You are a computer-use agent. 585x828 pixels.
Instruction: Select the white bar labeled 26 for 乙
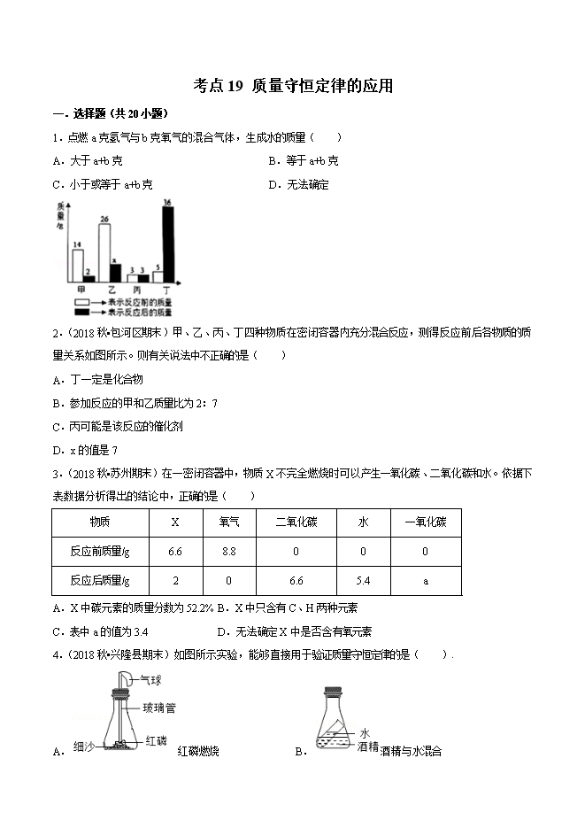pyautogui.click(x=104, y=253)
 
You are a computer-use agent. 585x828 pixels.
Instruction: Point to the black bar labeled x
pyautogui.click(x=114, y=273)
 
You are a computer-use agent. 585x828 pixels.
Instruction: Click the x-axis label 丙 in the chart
pyautogui.click(x=137, y=290)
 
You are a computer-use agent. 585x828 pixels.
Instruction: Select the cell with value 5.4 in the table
pyautogui.click(x=364, y=581)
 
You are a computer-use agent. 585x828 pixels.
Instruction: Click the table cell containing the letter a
pyautogui.click(x=425, y=581)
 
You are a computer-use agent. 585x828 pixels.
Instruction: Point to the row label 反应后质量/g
pyautogui.click(x=100, y=581)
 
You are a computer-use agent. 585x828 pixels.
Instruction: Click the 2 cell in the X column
pyautogui.click(x=175, y=581)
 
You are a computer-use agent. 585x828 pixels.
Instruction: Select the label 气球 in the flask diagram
pyautogui.click(x=150, y=679)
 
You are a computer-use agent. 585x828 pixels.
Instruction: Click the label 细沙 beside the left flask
pyautogui.click(x=83, y=746)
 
